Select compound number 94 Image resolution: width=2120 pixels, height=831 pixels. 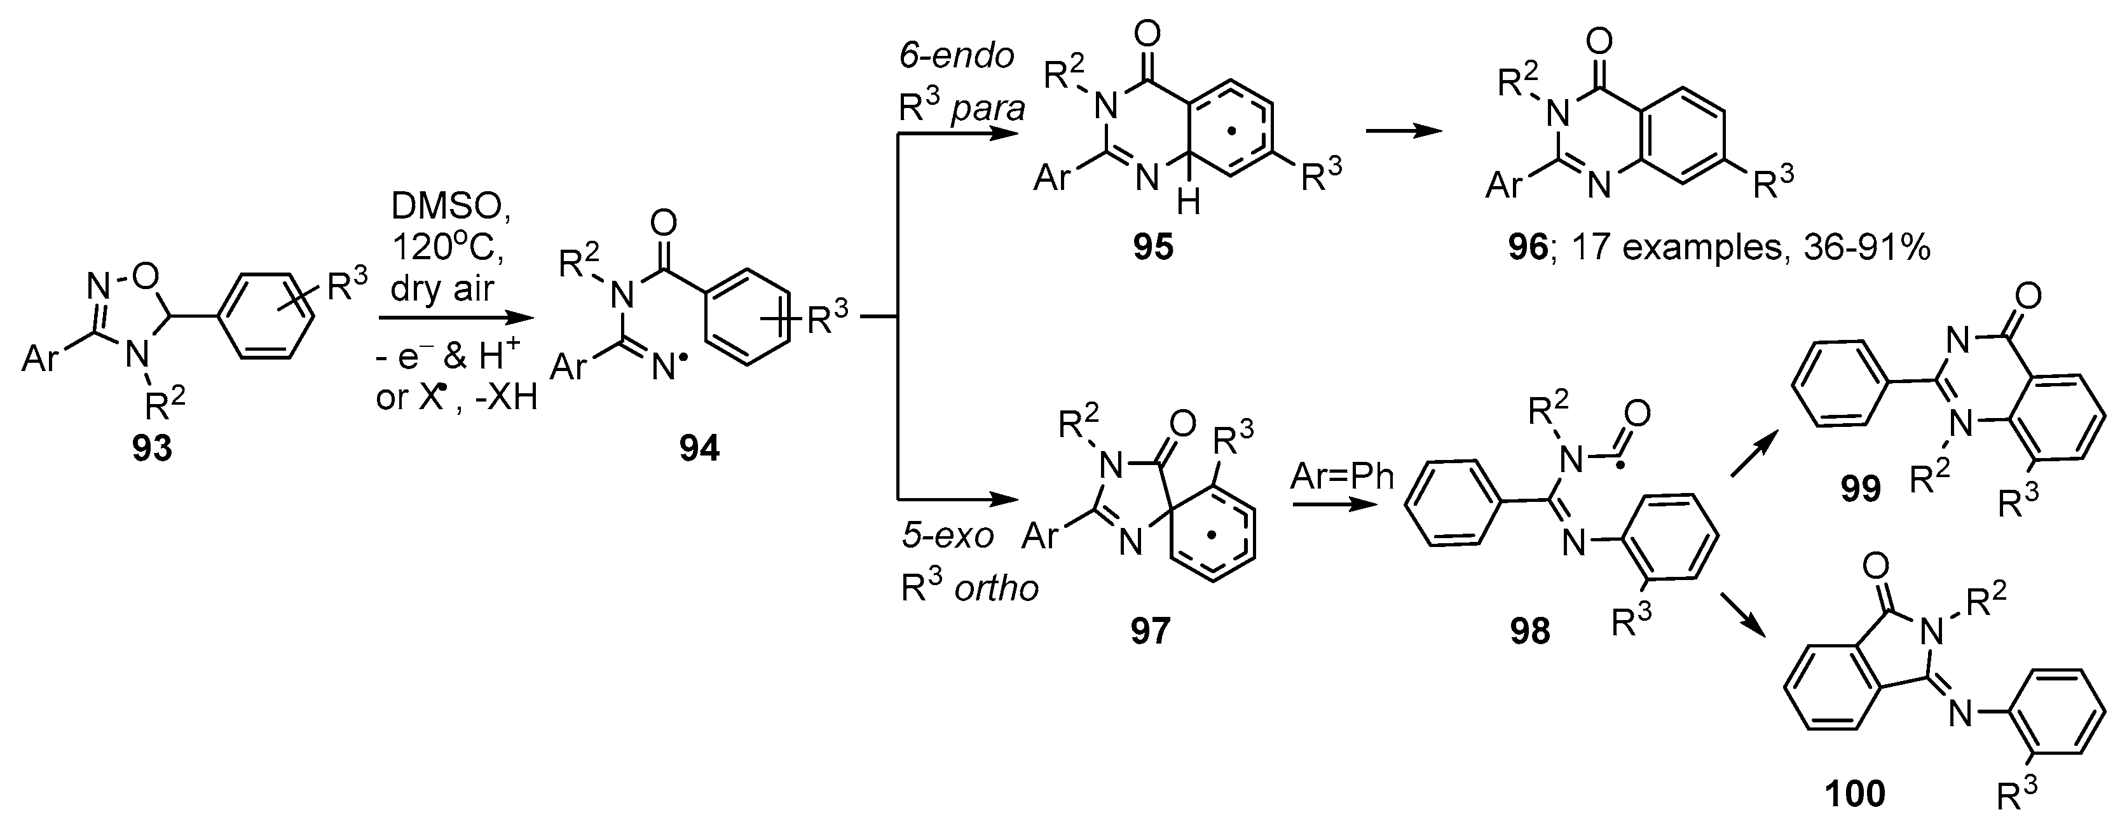pos(699,449)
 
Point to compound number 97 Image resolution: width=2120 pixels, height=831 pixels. pos(1150,631)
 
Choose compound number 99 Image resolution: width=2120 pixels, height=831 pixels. pos(1861,490)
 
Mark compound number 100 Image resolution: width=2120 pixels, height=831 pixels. pos(1855,795)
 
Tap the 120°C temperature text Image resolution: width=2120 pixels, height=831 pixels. pos(449,248)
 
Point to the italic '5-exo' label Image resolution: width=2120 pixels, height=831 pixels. pos(948,536)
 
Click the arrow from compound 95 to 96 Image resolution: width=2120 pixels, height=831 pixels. pos(1403,132)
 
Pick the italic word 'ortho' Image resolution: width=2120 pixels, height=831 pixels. pos(997,588)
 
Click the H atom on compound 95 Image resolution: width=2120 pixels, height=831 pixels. pos(1188,201)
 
